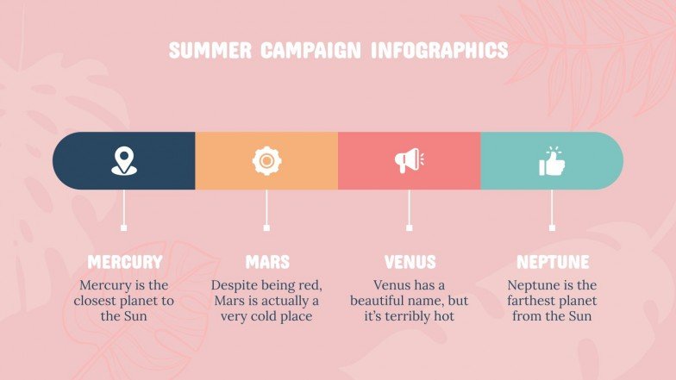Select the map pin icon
pyautogui.click(x=124, y=160)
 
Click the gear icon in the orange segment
pyautogui.click(x=266, y=160)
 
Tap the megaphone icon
pyautogui.click(x=409, y=160)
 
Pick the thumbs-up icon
pyautogui.click(x=551, y=160)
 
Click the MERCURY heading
pyautogui.click(x=124, y=262)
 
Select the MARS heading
pyautogui.click(x=266, y=262)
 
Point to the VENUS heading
pyautogui.click(x=410, y=262)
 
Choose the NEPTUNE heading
pyautogui.click(x=552, y=262)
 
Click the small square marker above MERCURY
pyautogui.click(x=124, y=227)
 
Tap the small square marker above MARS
pyautogui.click(x=266, y=227)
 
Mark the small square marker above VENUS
pyautogui.click(x=409, y=227)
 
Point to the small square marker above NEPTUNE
pyautogui.click(x=552, y=227)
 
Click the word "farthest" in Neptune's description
pyautogui.click(x=534, y=301)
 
